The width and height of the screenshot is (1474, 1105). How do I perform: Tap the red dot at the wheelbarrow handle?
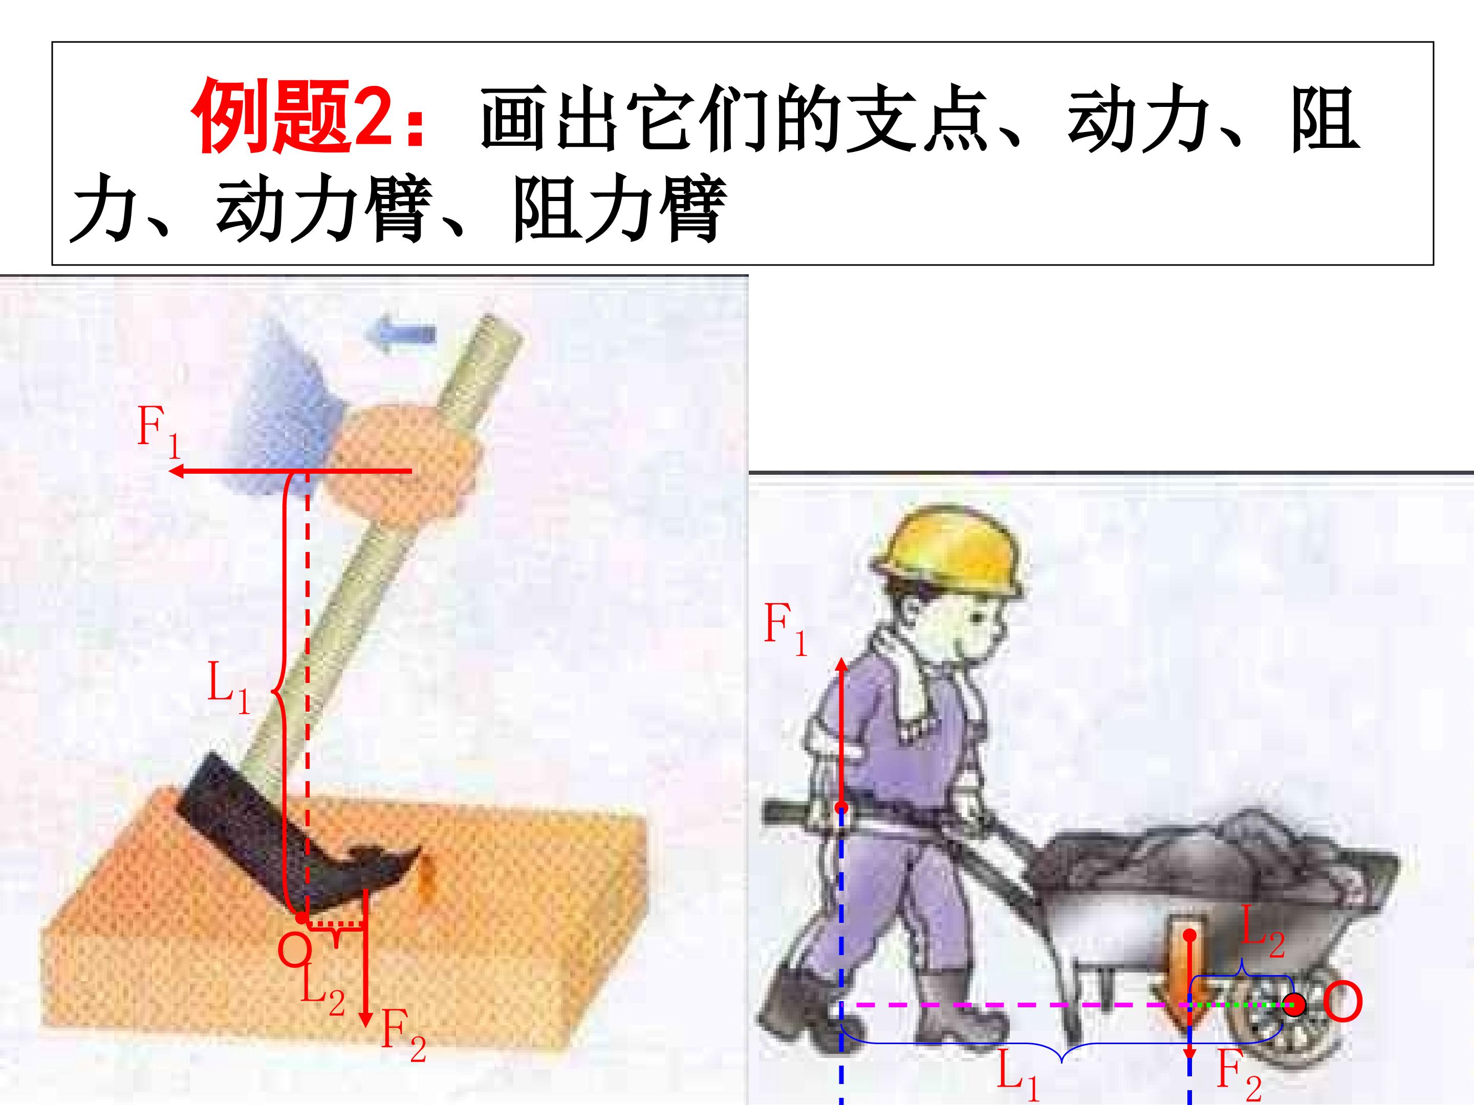[x=841, y=808]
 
